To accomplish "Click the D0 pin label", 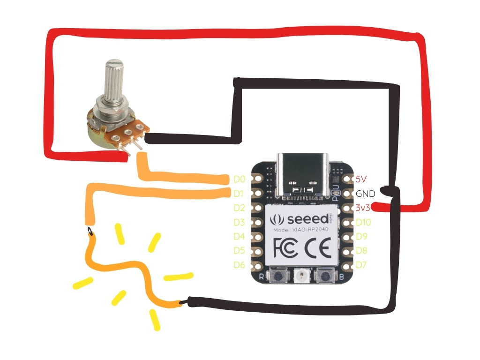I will (x=239, y=179).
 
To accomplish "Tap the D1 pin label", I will (x=239, y=193).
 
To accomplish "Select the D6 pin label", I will (x=239, y=265).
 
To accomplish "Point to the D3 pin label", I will (x=239, y=222).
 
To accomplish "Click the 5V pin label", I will (x=360, y=179).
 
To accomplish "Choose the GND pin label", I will (x=365, y=193).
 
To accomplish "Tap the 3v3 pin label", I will (x=362, y=208).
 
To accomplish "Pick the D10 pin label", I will (x=364, y=222).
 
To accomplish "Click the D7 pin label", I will (x=361, y=265).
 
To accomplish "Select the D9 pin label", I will (x=361, y=236).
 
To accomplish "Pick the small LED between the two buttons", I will (x=300, y=277).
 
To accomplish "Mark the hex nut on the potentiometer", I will (x=111, y=104).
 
